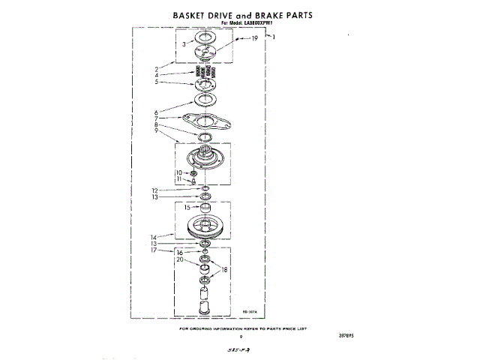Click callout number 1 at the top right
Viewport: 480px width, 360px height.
coord(274,37)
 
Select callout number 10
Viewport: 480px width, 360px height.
coord(179,173)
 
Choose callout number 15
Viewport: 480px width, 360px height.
coord(187,207)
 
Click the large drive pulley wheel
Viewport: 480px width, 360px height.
coord(204,227)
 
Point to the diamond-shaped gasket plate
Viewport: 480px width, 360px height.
coord(203,121)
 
